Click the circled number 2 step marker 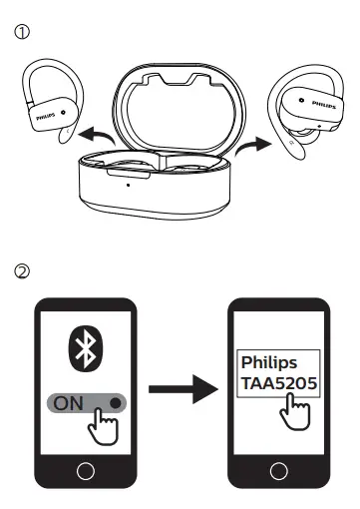(21, 269)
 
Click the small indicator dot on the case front (128, 185)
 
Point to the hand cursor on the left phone (99, 425)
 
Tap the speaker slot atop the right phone (275, 309)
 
